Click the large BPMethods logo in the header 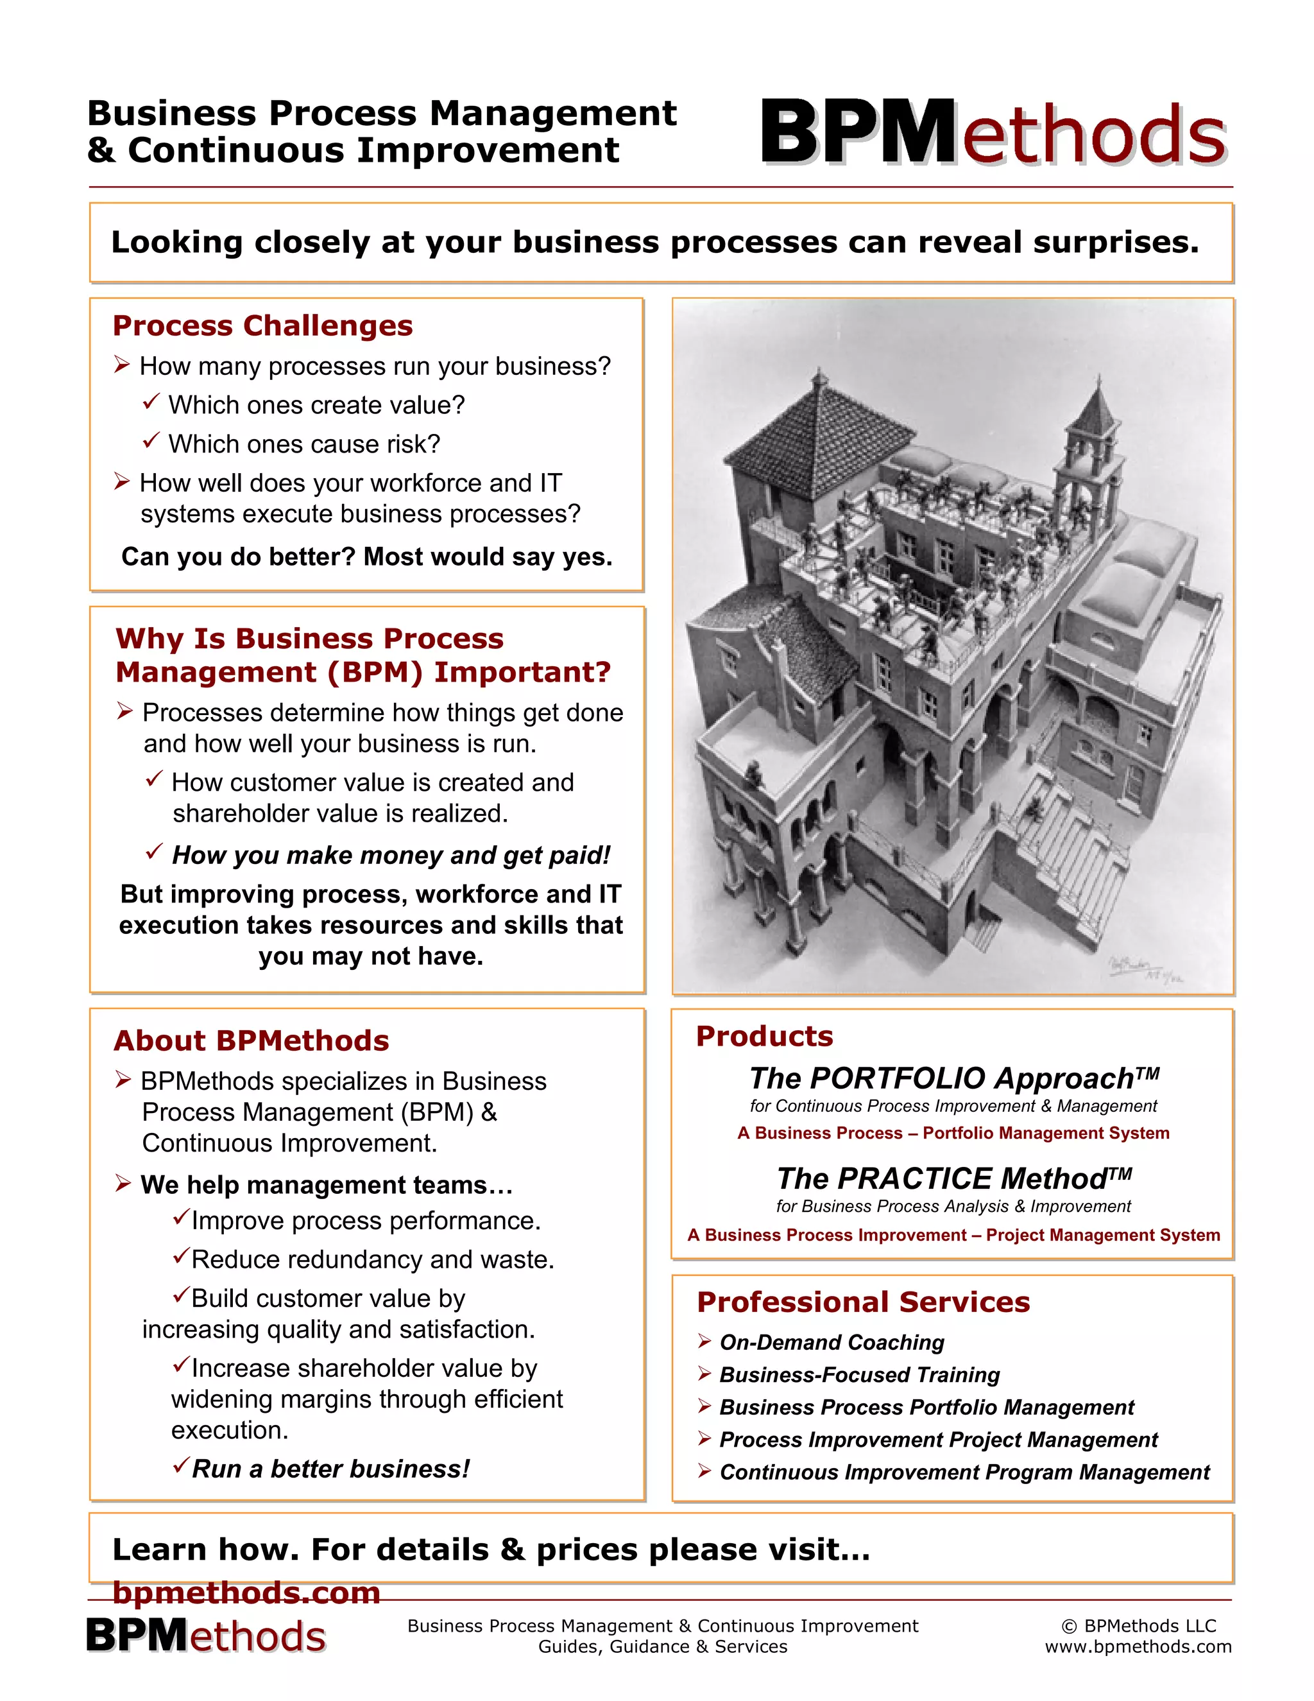click(993, 132)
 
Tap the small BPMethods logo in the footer click(205, 1636)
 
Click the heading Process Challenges click(262, 325)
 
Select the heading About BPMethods click(251, 1040)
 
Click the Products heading click(764, 1036)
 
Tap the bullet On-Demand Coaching click(832, 1342)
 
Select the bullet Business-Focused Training click(859, 1375)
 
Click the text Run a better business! click(331, 1469)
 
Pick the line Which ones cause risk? click(303, 444)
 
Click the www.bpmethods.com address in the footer click(1138, 1646)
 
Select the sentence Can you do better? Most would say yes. click(366, 557)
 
